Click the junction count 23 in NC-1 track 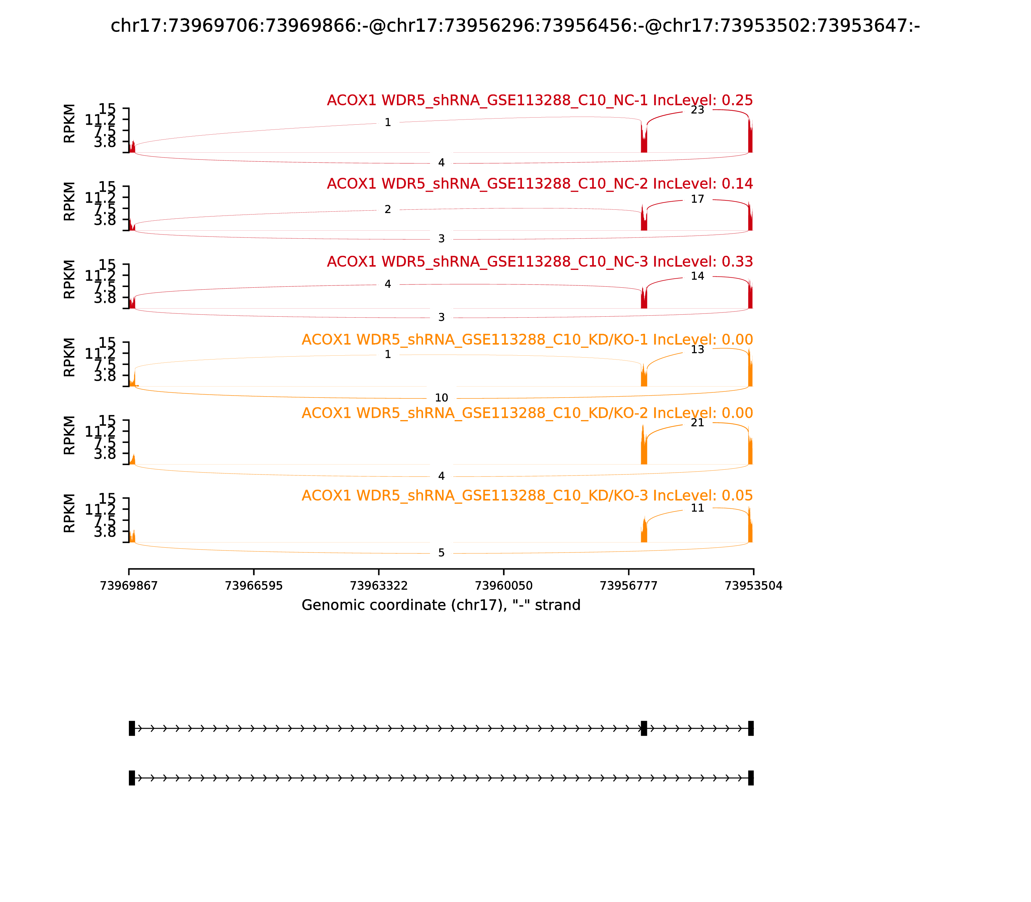(697, 110)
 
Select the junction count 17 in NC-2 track (697, 199)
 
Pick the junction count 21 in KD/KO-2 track (697, 423)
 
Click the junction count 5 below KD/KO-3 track (441, 553)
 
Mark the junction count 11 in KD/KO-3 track (697, 508)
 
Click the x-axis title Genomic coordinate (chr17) (441, 605)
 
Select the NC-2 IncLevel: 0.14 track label (540, 184)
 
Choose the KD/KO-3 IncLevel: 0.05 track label (527, 496)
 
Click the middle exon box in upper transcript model (644, 728)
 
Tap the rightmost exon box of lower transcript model (751, 778)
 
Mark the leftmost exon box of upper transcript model (132, 728)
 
